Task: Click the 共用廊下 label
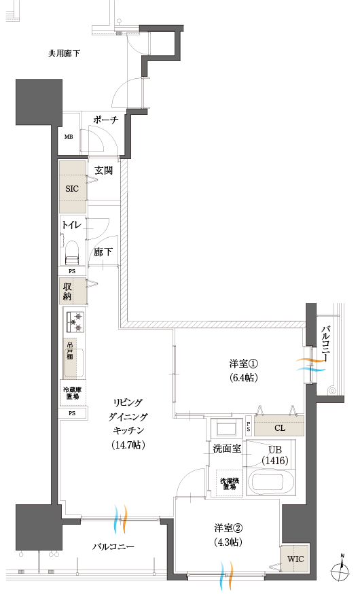[64, 53]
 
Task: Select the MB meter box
[69, 137]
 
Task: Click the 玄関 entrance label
[103, 170]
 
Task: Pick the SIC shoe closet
[73, 188]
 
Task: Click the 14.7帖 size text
[127, 445]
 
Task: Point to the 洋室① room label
[243, 364]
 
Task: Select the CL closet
[279, 427]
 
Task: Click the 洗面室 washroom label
[227, 449]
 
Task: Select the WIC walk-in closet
[295, 559]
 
